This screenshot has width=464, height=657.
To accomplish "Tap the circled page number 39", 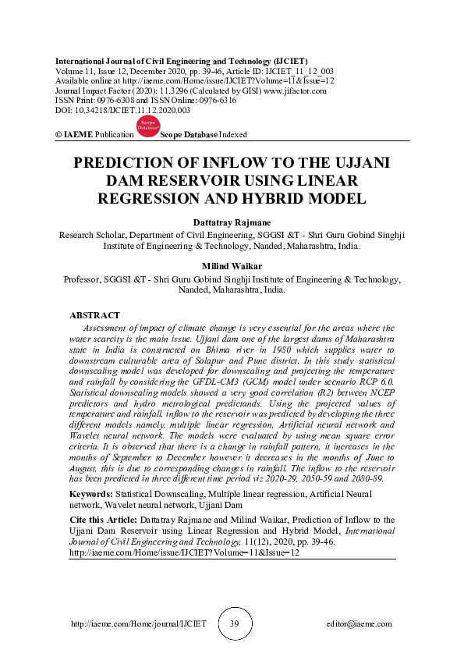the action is coord(235,624).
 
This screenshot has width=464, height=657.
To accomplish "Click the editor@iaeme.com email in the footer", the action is coord(360,624).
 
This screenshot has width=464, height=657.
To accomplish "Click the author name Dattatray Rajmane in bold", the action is coord(232,222).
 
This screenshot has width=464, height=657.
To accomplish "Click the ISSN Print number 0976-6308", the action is coord(116,101).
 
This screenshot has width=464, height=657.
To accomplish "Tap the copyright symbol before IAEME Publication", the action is coord(58,135).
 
